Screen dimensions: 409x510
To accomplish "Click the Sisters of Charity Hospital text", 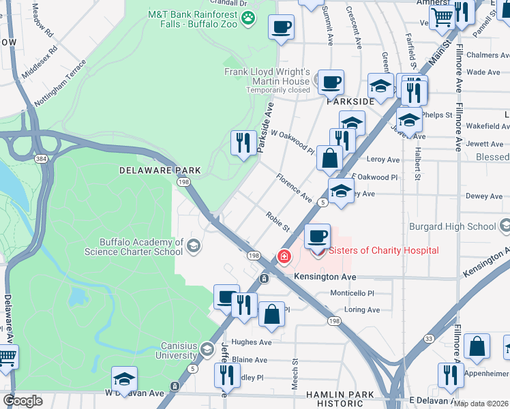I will pos(384,251).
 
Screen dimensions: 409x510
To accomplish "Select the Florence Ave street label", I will pos(294,188).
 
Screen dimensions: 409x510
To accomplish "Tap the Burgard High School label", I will pos(452,226).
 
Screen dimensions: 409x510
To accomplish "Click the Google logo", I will pos(22,401).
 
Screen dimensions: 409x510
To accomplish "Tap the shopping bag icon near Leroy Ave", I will pos(329,157).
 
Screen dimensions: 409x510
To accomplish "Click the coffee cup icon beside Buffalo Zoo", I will pos(281,27).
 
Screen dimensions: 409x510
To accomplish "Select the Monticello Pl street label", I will pos(352,293).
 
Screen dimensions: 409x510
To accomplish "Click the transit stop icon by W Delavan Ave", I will pos(175,387).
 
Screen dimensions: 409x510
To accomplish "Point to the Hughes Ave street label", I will pos(252,342).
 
